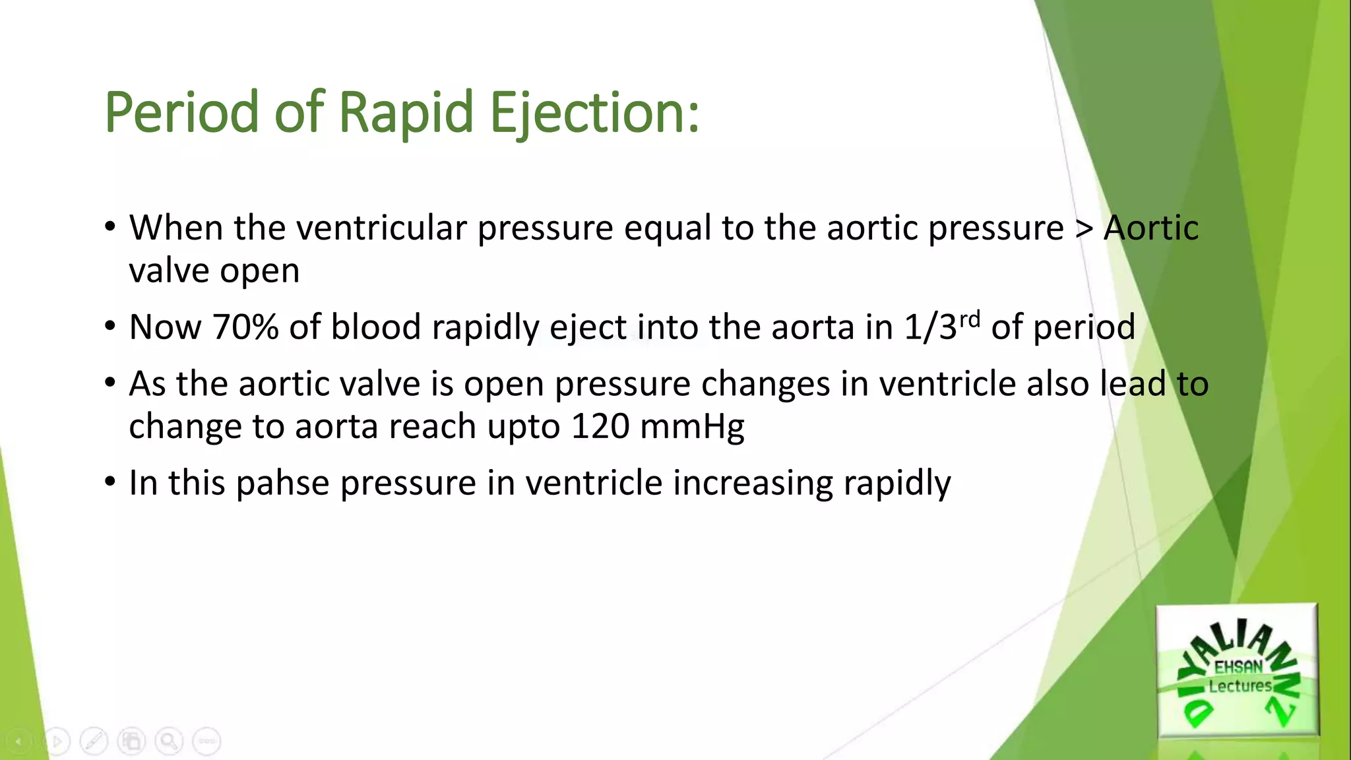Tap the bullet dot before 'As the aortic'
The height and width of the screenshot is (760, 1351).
(x=110, y=383)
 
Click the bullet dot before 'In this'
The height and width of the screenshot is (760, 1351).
(x=110, y=482)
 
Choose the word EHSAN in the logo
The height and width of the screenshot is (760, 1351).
(x=1238, y=667)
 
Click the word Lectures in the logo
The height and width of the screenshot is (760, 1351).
(x=1240, y=686)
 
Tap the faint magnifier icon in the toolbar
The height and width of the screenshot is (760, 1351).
(x=169, y=741)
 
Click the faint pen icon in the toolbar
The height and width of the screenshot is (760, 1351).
(x=94, y=741)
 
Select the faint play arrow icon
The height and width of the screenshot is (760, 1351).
(x=57, y=741)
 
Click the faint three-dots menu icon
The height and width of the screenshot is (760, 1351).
(x=206, y=741)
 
